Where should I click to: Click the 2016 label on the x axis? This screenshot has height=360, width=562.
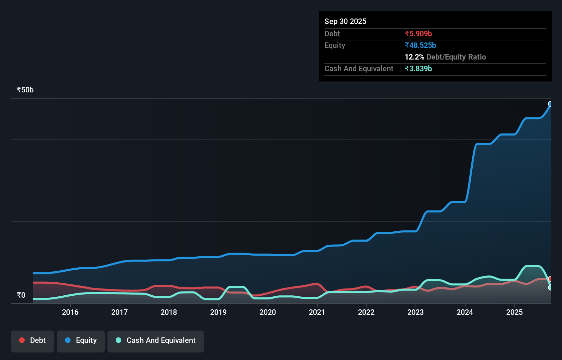(x=70, y=312)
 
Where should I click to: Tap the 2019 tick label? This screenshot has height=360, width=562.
(x=218, y=312)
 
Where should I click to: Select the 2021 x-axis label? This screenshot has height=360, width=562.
(x=317, y=312)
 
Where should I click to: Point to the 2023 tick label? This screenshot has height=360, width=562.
(x=416, y=312)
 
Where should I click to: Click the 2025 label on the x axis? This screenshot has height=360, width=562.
(x=514, y=312)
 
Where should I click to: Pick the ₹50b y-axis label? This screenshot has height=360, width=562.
(x=25, y=90)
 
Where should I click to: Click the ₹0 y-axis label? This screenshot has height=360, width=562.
(x=21, y=295)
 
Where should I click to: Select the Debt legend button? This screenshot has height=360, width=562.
(x=33, y=340)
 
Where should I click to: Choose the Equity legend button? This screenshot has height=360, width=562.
(x=81, y=340)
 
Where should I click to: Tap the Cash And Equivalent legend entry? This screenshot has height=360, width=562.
(x=156, y=340)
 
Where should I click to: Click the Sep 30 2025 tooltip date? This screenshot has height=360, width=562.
(x=345, y=22)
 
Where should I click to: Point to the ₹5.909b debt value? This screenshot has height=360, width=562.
(x=418, y=34)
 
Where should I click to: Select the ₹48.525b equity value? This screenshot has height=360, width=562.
(x=420, y=46)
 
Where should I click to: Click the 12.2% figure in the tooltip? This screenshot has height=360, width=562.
(x=414, y=57)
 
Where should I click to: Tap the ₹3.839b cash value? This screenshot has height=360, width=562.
(x=418, y=69)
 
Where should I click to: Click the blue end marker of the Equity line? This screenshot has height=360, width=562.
(x=550, y=104)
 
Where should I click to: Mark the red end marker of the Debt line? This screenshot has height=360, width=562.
(x=550, y=279)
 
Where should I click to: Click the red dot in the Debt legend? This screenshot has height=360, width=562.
(x=22, y=340)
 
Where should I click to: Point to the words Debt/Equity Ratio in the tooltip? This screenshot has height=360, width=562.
(x=456, y=57)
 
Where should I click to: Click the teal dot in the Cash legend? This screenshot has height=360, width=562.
(x=118, y=340)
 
